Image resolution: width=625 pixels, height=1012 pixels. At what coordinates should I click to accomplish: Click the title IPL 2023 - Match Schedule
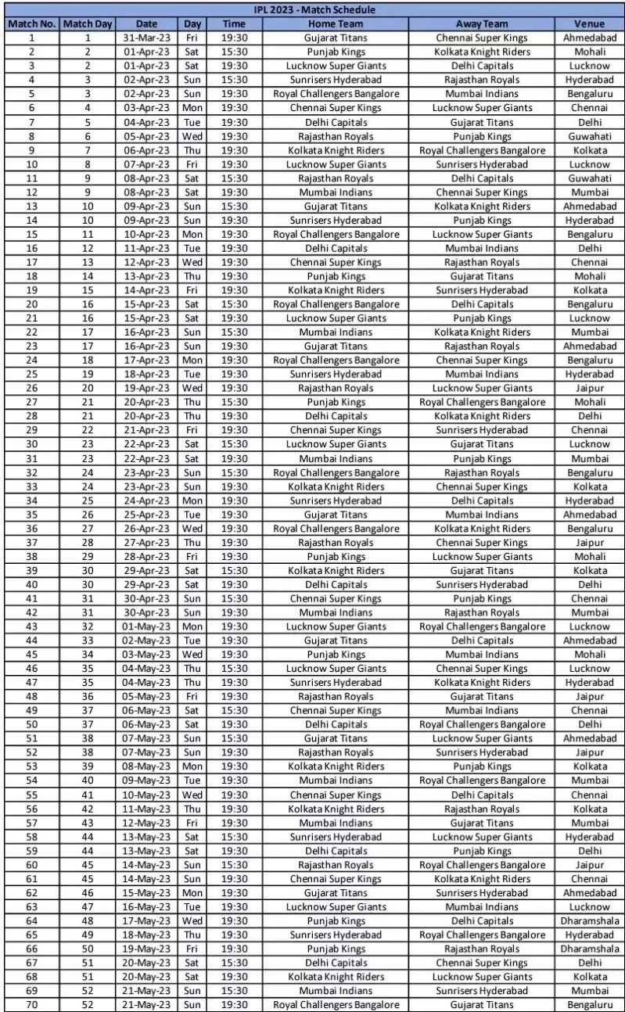click(313, 10)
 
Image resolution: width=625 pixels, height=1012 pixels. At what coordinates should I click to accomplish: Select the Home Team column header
click(336, 23)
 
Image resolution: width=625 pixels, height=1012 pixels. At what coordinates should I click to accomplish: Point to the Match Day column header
click(88, 23)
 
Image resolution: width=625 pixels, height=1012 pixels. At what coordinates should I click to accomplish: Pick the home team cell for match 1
click(336, 37)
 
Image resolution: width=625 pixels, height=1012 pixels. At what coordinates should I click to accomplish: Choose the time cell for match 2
click(235, 51)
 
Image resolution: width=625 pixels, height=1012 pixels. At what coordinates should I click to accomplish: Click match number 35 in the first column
click(31, 515)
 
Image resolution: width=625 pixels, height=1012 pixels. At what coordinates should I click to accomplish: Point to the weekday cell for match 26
click(191, 388)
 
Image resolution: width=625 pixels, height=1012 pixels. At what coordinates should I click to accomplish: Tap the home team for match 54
click(336, 781)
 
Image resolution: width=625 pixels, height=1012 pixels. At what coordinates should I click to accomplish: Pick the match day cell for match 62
click(88, 892)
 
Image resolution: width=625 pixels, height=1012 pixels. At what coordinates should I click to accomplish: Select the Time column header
click(235, 23)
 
